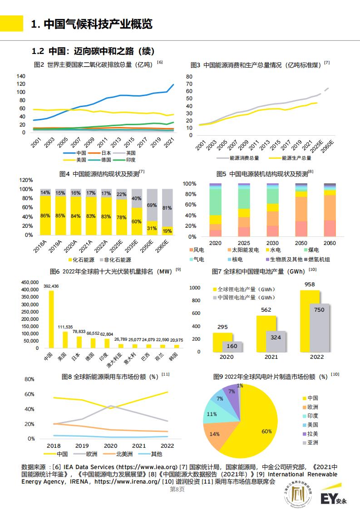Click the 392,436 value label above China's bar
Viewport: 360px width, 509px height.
51,286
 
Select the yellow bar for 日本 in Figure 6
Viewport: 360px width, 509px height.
79,342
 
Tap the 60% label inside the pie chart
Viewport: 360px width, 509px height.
266,431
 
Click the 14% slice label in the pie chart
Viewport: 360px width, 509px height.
214,434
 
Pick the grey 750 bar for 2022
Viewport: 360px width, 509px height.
320,328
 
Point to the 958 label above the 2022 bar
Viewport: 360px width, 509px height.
310,284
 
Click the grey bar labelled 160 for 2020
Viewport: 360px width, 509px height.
232,347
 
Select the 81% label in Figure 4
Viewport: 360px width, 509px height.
167,208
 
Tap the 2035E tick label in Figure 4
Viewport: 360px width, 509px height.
132,246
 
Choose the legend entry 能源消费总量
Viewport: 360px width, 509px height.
238,158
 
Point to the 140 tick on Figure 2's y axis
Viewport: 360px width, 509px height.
21,76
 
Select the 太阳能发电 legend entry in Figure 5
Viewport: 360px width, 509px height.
243,250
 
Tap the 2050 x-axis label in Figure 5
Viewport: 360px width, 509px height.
301,243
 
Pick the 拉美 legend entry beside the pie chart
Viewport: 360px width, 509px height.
310,434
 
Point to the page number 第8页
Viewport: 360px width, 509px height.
177,489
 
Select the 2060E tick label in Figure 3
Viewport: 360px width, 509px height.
327,146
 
